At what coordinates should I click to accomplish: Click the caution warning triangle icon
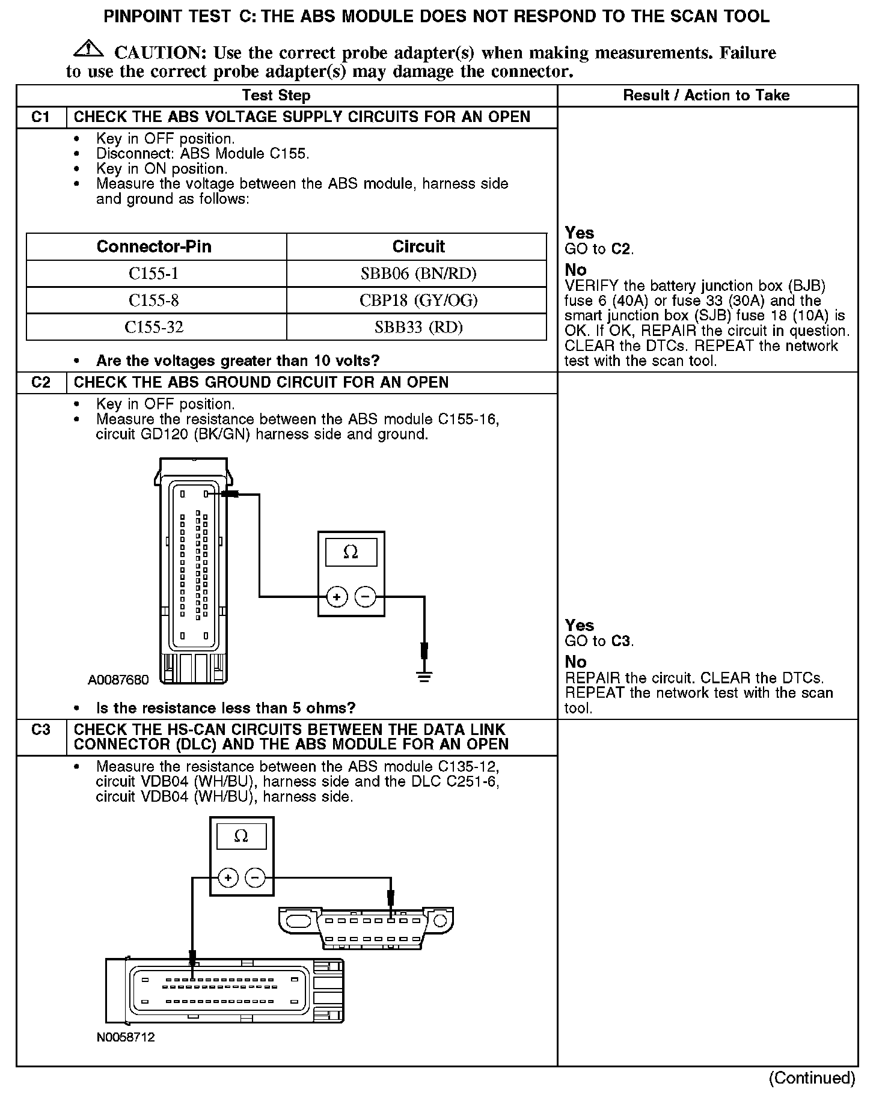pyautogui.click(x=88, y=49)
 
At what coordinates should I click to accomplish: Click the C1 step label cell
pyautogui.click(x=41, y=117)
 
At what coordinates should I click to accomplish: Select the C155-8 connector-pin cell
pyautogui.click(x=154, y=300)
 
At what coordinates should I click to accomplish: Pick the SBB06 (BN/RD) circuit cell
pyautogui.click(x=418, y=273)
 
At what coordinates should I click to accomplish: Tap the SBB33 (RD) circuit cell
pyautogui.click(x=418, y=327)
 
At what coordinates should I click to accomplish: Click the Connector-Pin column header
pyautogui.click(x=154, y=246)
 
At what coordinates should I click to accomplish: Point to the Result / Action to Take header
pyautogui.click(x=706, y=95)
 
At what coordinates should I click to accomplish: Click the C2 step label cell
pyautogui.click(x=41, y=382)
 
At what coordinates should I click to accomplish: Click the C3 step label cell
pyautogui.click(x=41, y=730)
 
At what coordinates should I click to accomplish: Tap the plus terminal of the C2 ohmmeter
pyautogui.click(x=337, y=597)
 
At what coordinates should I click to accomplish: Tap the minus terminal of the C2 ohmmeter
pyautogui.click(x=366, y=597)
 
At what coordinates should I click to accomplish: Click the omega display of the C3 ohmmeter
pyautogui.click(x=241, y=836)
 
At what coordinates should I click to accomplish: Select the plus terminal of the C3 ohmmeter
pyautogui.click(x=227, y=877)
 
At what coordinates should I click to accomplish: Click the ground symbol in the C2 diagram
pyautogui.click(x=424, y=677)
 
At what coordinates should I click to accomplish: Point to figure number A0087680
pyautogui.click(x=118, y=680)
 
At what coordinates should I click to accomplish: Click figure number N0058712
pyautogui.click(x=125, y=1037)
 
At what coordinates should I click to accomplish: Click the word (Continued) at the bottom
pyautogui.click(x=812, y=1078)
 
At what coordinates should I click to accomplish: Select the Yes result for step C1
pyautogui.click(x=580, y=233)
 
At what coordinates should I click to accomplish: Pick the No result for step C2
pyautogui.click(x=575, y=662)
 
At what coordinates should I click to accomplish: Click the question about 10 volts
pyautogui.click(x=237, y=361)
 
